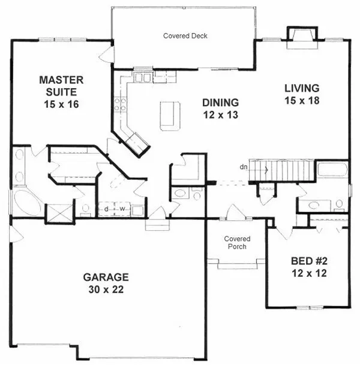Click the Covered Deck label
pos(185,36)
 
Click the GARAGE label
pos(106,277)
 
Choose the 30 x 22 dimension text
pos(106,289)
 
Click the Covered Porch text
pos(236,243)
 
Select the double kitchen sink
pos(144,77)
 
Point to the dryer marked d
pos(106,209)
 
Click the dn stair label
pos(244,167)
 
